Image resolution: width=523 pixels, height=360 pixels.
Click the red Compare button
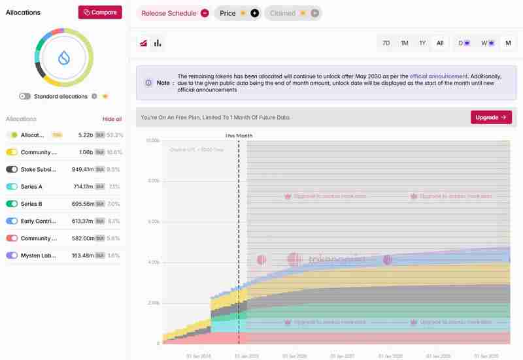100,12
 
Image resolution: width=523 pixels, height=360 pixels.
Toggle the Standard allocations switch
25,96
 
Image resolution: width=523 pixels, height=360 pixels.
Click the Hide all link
112,119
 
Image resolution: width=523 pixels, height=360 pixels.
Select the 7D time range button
386,43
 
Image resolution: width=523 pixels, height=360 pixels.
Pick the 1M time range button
405,43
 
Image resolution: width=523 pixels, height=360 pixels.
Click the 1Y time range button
422,43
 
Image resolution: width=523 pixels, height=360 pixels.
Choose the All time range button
440,43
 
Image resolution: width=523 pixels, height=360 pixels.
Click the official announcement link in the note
439,76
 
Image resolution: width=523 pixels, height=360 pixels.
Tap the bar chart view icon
158,43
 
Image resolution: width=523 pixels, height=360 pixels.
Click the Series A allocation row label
31,186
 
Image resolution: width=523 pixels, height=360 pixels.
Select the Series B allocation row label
31,204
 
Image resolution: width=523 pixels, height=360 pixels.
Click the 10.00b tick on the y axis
152,140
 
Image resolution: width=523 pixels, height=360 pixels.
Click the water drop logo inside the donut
64,57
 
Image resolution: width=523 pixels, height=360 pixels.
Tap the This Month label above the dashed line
239,136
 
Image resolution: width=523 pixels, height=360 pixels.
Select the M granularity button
508,43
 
